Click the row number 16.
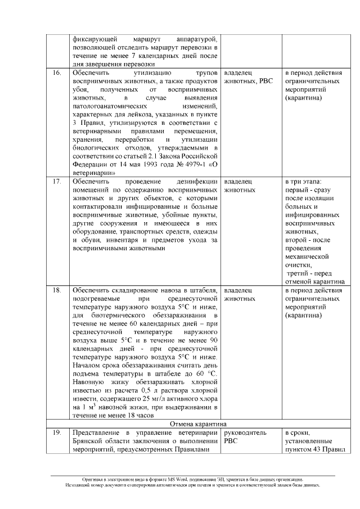[57, 73]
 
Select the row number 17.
[57, 182]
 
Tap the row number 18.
[57, 290]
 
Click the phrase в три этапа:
[303, 182]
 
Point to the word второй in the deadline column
[298, 240]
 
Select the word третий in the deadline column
[300, 273]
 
